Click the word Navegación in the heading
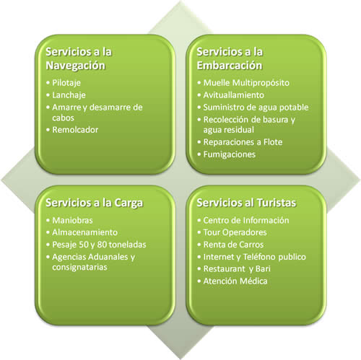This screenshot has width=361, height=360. click(76, 66)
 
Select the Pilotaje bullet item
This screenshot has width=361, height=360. click(66, 83)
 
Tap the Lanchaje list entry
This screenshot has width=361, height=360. click(69, 95)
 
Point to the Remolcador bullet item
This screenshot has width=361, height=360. click(75, 130)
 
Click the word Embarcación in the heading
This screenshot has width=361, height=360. click(230, 66)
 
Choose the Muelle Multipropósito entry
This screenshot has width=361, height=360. click(246, 83)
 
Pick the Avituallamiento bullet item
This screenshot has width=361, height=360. click(234, 95)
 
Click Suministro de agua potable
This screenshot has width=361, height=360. click(256, 107)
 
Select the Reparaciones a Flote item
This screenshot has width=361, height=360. click(243, 142)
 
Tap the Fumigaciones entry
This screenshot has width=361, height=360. click(230, 154)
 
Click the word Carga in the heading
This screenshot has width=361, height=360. click(129, 203)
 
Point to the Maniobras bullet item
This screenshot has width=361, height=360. click(72, 220)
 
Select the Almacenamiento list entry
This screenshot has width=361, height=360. click(84, 232)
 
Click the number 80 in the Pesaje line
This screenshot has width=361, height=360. click(102, 245)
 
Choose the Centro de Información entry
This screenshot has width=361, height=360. click(246, 220)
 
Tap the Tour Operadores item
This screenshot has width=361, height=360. click(235, 232)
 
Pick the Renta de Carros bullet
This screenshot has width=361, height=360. click(233, 245)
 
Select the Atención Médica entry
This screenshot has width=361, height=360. click(235, 281)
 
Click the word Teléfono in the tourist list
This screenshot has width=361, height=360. click(259, 257)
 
